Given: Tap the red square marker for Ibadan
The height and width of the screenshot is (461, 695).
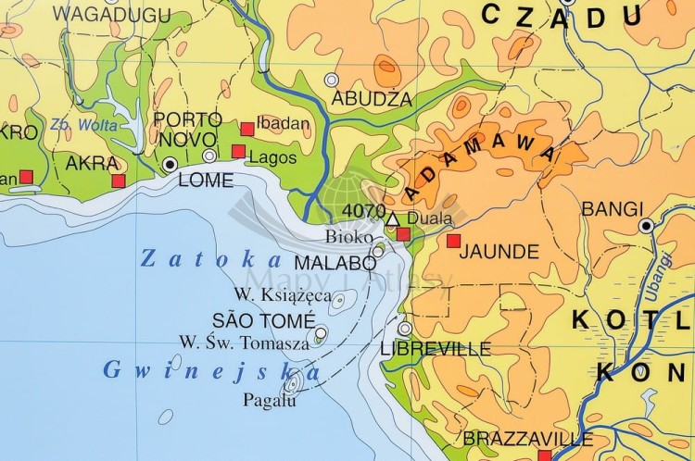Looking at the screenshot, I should (246, 129).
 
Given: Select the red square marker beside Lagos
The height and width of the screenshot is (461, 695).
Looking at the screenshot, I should (238, 152).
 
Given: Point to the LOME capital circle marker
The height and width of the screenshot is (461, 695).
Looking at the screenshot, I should (170, 164).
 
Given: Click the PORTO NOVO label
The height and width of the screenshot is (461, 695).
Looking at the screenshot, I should (188, 130).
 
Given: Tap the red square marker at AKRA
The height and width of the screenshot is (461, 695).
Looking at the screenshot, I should (118, 181).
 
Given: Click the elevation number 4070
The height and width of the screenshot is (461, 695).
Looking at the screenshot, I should (363, 211).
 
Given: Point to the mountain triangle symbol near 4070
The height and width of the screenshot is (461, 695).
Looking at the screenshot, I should (391, 218).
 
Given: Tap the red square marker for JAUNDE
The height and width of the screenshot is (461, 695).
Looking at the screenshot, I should (453, 241).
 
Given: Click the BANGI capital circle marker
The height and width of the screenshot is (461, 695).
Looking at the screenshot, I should (646, 225).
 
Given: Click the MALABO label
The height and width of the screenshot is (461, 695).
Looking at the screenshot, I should (335, 262).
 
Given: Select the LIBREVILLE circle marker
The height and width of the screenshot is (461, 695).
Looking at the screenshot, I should (404, 328).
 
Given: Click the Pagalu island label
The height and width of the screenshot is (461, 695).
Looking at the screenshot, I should (270, 401).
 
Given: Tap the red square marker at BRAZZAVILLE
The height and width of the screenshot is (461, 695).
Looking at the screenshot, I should (544, 455).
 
